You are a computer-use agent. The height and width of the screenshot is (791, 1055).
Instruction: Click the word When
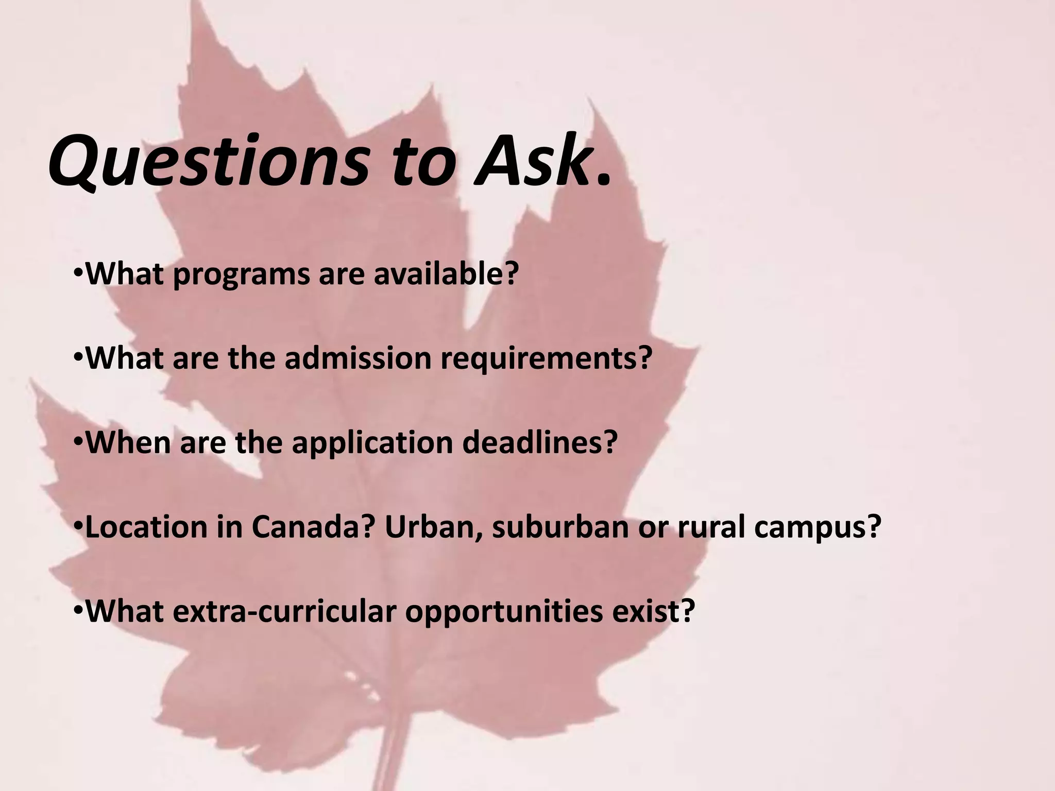tap(129, 442)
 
